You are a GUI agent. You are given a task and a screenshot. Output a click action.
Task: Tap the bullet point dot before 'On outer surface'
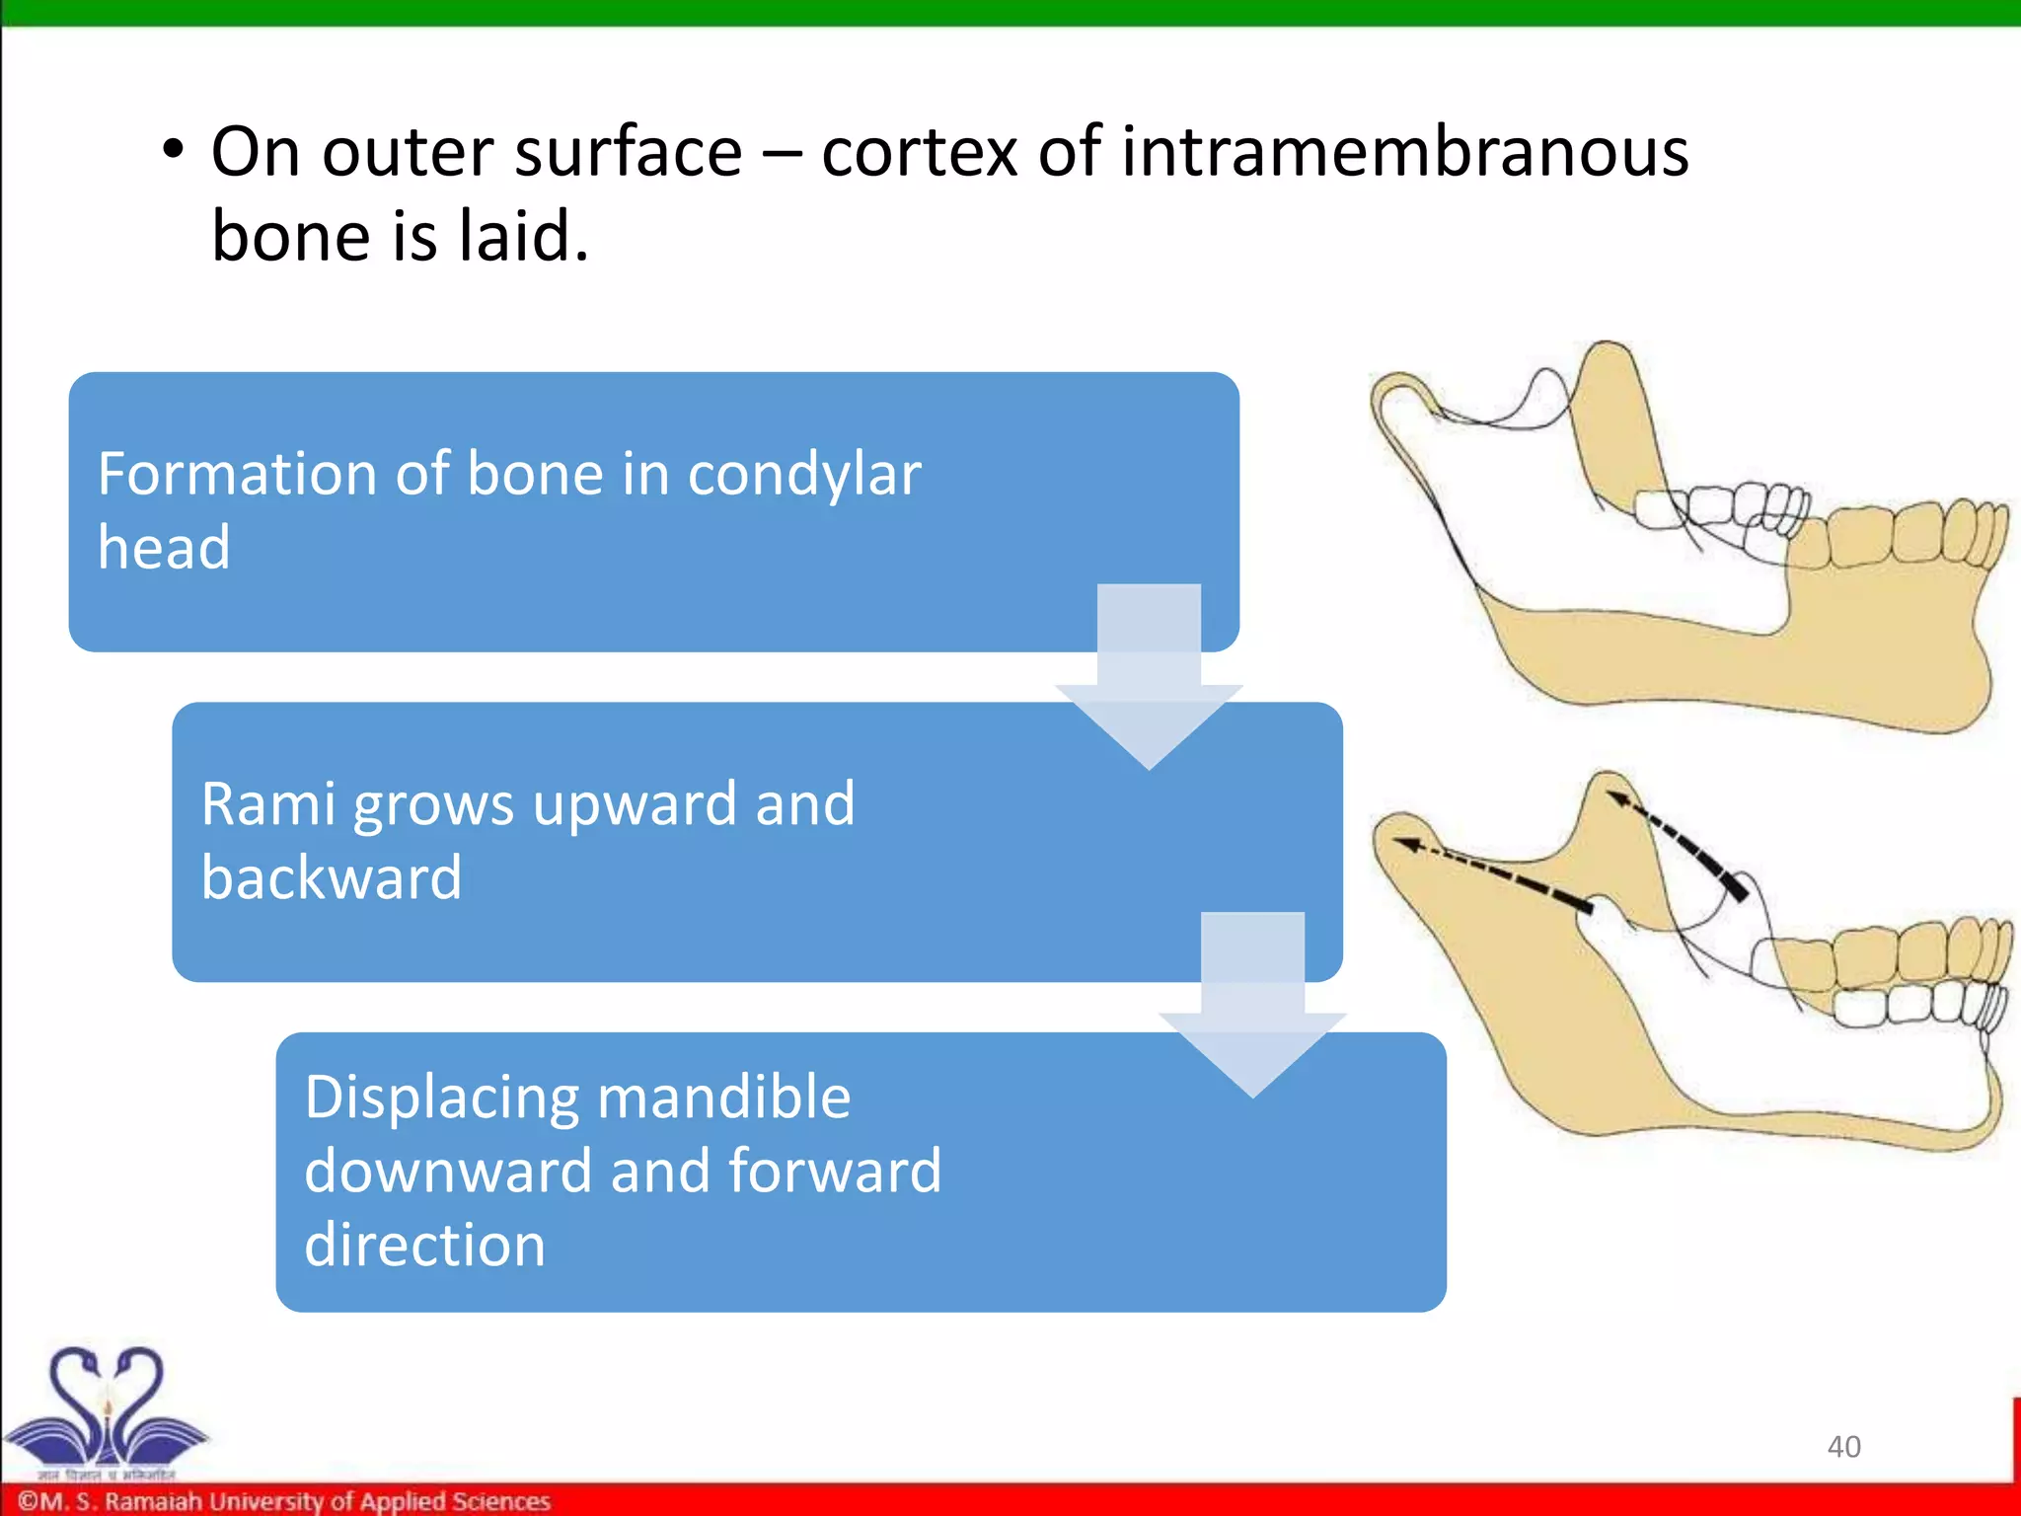click(174, 152)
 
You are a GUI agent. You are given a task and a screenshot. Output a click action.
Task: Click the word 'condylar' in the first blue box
click(803, 476)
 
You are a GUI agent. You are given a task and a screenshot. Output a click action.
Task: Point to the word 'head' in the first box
click(164, 548)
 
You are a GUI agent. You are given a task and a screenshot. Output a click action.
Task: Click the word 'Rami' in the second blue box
click(267, 804)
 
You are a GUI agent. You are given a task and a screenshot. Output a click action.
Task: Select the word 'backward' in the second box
click(332, 877)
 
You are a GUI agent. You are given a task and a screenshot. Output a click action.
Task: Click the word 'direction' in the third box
click(424, 1245)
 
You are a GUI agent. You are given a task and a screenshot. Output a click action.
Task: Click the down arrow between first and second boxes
click(1149, 681)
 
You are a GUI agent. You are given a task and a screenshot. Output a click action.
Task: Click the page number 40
click(1843, 1446)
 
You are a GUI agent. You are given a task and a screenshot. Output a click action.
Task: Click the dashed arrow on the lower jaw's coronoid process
click(1678, 839)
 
